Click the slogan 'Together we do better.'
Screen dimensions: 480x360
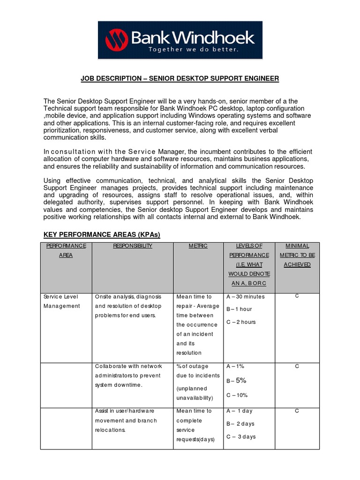[x=193, y=49]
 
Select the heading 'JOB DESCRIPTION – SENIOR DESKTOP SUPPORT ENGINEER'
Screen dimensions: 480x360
[x=180, y=79]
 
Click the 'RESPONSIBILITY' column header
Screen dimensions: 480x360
[x=133, y=246]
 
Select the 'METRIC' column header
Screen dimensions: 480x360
[x=198, y=246]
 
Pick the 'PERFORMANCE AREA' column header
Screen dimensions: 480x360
[x=66, y=250]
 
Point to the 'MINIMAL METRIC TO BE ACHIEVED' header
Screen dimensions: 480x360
[x=298, y=255]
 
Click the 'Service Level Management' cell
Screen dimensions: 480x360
[x=62, y=301]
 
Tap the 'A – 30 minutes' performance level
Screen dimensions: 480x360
[x=245, y=297]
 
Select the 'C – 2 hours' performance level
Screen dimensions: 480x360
[x=241, y=322]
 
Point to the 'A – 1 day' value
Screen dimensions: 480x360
[x=239, y=411]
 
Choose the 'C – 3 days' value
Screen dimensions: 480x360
[x=241, y=436]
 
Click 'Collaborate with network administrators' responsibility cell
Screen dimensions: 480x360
[x=127, y=375]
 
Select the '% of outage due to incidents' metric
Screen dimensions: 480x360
[x=197, y=371]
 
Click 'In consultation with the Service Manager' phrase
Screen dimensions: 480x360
[x=115, y=152]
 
